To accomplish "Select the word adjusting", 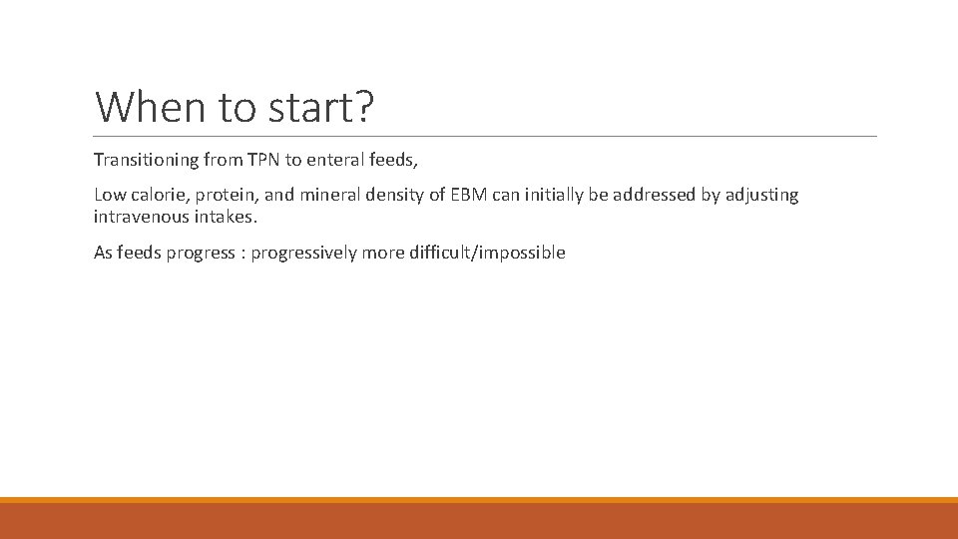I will [x=760, y=196].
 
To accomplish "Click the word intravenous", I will [x=139, y=216].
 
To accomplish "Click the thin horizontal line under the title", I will [x=485, y=136].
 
